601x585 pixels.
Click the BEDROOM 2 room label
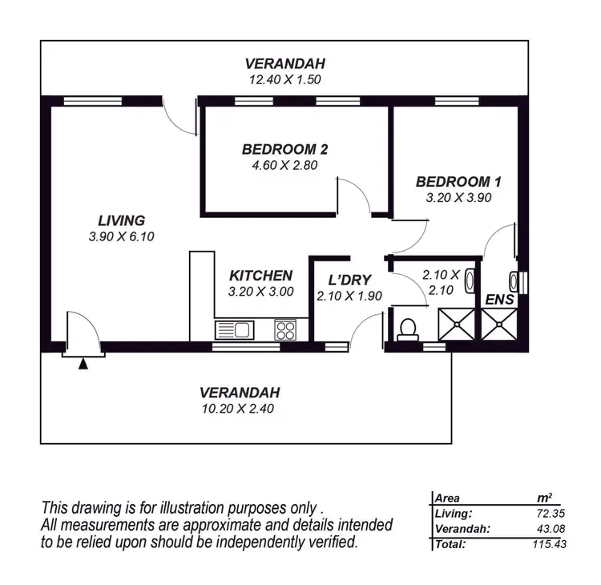point(284,149)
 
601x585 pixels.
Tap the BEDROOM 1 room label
point(453,180)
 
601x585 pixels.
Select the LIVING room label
point(121,220)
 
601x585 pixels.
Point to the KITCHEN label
point(260,276)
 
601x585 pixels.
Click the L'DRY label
point(349,280)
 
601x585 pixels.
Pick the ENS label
point(500,299)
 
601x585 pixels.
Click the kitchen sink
point(234,329)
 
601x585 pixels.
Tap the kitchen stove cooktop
point(285,329)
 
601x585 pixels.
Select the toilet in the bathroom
point(407,329)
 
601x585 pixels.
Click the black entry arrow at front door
point(83,364)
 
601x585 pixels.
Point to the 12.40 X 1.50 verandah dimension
point(285,79)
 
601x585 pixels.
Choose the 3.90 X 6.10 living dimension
point(121,236)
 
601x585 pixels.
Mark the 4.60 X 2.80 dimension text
point(284,165)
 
